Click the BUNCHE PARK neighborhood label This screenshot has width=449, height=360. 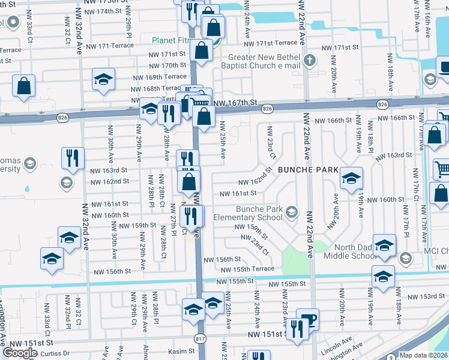[308, 169]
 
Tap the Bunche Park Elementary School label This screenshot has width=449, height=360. [259, 213]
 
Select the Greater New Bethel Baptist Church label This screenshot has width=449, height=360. [260, 61]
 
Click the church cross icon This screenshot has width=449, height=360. [310, 60]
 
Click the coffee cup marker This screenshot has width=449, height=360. [307, 318]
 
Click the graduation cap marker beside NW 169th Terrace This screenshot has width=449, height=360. [103, 79]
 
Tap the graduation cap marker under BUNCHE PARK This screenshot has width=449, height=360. [351, 178]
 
